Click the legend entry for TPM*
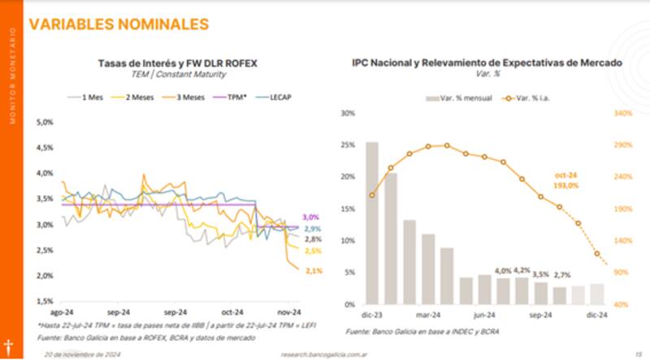click(x=236, y=97)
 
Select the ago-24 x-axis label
click(x=63, y=311)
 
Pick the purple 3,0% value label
click(x=311, y=218)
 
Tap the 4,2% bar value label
click(x=522, y=270)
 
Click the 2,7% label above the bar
click(x=562, y=275)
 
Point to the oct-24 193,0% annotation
click(x=566, y=180)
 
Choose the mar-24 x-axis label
click(x=428, y=314)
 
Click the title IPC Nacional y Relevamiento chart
click(x=487, y=62)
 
